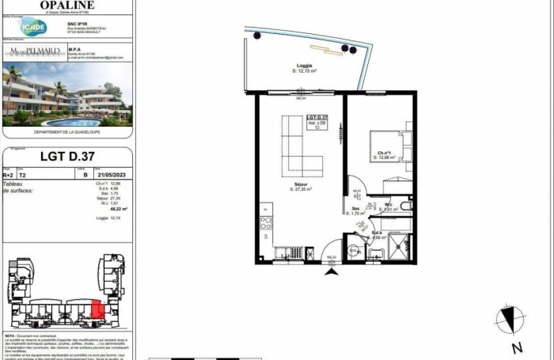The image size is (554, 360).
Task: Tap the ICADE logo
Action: click(34, 26)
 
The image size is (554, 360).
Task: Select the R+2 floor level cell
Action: click(9, 176)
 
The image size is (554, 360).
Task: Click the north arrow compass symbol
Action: click(510, 320)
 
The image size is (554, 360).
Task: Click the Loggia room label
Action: click(305, 66)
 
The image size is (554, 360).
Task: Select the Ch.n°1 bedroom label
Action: click(383, 153)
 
